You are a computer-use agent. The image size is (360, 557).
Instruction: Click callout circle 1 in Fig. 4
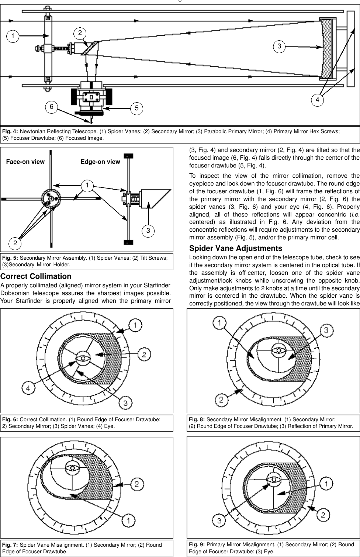[x=13, y=36]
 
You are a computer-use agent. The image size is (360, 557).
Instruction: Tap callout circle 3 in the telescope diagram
[x=279, y=46]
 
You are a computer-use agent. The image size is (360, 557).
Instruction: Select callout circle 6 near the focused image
[x=51, y=106]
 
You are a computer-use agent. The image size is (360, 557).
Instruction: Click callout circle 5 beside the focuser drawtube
[x=136, y=108]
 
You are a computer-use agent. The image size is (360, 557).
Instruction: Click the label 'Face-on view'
[x=25, y=162]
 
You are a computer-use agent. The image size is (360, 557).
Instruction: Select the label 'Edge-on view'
[x=100, y=162]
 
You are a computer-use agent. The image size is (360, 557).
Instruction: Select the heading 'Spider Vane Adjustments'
[x=235, y=248]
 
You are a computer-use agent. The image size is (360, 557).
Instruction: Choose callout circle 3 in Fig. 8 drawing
[x=326, y=331]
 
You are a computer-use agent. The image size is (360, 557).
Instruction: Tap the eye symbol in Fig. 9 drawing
[x=274, y=479]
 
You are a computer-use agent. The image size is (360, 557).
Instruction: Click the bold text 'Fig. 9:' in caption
[x=197, y=544]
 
